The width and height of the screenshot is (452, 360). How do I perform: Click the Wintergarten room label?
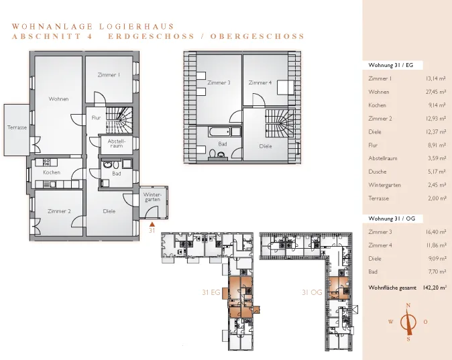pos(152,197)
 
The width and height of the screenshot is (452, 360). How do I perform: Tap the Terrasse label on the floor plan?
pos(17,127)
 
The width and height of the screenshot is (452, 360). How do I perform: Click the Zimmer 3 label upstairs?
pos(219,82)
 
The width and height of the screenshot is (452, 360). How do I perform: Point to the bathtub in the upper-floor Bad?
pos(221,132)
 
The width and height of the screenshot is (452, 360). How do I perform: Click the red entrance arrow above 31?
pos(152,224)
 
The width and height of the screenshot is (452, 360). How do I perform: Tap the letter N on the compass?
pos(408,306)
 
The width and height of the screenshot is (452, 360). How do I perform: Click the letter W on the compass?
pos(391,322)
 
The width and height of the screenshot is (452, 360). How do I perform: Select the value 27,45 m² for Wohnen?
pos(437,92)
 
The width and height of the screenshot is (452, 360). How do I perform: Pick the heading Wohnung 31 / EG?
pos(390,65)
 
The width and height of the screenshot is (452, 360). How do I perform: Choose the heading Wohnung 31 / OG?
pos(392,219)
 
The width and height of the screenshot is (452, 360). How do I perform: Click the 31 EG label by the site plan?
pos(211,292)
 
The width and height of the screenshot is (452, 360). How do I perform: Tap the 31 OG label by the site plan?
pos(312,292)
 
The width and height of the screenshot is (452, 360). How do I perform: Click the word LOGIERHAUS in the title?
pos(137,27)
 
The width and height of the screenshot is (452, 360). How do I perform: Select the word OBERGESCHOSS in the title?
pos(257,36)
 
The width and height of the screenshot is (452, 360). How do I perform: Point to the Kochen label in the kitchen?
pos(52,172)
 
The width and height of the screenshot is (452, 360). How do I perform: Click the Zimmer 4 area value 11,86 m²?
pos(437,245)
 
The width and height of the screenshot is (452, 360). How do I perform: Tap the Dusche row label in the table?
pos(378,172)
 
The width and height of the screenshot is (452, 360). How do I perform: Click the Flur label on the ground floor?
pos(96,117)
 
